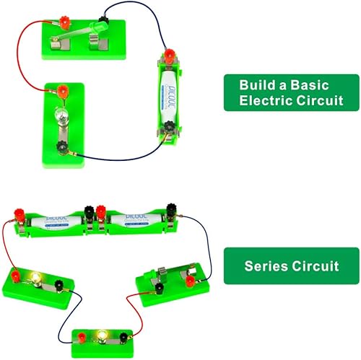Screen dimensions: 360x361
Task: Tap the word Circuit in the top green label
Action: [317, 100]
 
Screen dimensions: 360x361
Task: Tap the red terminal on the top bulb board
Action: [63, 90]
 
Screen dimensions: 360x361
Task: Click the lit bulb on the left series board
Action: [35, 278]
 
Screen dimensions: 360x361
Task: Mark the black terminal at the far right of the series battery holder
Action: [172, 209]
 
